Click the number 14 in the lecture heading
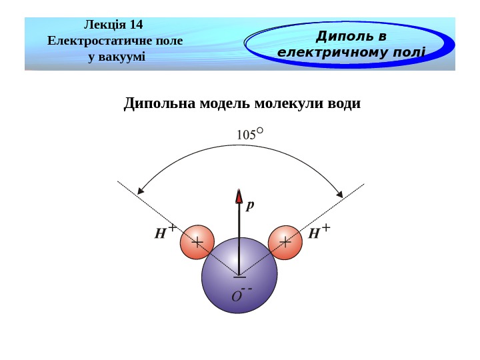coord(136,25)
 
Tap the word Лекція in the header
coord(105,25)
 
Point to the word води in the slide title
coord(345,104)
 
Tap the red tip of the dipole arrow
coord(239,196)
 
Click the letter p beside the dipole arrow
coord(250,205)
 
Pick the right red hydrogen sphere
coord(285,242)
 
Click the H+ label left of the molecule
coord(164,232)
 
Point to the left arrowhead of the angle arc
coord(141,191)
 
